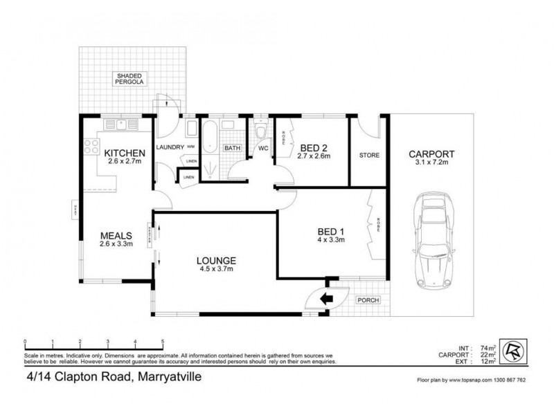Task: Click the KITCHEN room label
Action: [125, 153]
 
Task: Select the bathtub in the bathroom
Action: [210, 136]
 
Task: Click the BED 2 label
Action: [314, 146]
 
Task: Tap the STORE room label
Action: [369, 156]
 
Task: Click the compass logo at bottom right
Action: [513, 350]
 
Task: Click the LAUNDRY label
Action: [170, 147]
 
